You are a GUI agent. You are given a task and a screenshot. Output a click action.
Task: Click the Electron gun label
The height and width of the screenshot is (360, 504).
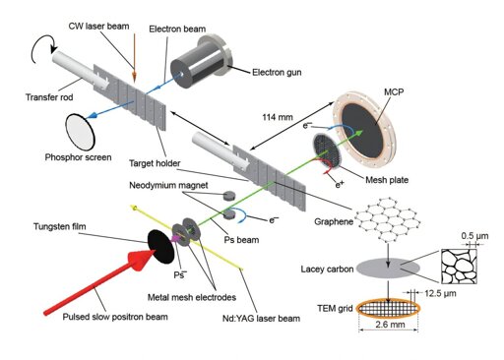click(x=277, y=72)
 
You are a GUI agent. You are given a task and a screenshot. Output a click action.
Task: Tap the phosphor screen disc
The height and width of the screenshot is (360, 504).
click(x=80, y=132)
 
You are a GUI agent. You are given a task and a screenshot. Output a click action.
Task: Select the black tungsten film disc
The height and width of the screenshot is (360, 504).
click(x=160, y=247)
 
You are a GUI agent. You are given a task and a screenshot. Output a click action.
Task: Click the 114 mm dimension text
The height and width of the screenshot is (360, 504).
click(x=278, y=117)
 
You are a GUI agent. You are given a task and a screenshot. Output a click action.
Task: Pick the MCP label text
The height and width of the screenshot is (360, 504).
click(x=394, y=91)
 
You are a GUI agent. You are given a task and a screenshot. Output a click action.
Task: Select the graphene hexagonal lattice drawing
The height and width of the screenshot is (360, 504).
click(x=388, y=219)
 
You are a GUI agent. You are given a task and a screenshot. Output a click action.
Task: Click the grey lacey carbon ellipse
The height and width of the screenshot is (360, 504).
click(x=388, y=268)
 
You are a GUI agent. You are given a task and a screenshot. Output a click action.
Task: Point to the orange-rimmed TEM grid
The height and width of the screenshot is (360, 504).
click(x=388, y=308)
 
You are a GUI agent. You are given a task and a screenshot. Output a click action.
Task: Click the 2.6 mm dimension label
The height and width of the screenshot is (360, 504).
click(x=390, y=325)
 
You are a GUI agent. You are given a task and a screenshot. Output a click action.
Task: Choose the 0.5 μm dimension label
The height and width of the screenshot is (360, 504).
click(x=474, y=236)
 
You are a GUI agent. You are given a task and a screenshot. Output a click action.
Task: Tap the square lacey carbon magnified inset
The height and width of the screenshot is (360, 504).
click(x=459, y=267)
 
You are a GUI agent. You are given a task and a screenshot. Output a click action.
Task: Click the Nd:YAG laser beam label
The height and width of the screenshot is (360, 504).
click(x=261, y=319)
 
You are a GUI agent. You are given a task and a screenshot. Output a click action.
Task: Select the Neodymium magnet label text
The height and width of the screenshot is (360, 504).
click(x=168, y=185)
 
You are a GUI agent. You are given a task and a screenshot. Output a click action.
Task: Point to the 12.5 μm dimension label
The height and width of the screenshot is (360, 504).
click(x=440, y=293)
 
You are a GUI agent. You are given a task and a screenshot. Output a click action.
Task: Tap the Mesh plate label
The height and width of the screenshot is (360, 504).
click(x=387, y=180)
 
